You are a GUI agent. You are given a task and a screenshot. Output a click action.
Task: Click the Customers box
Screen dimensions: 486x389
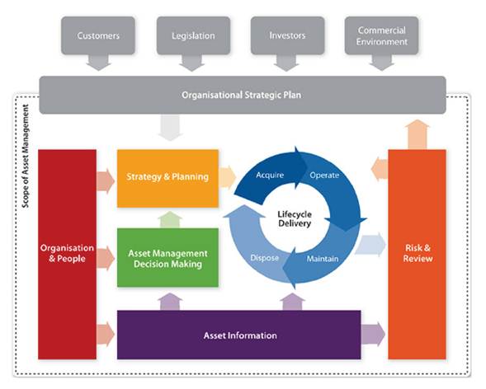pyautogui.click(x=98, y=35)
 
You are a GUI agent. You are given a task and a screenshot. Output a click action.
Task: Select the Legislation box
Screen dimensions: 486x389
pyautogui.click(x=193, y=35)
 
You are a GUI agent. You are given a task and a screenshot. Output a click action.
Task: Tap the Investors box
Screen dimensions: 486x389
pyautogui.click(x=287, y=35)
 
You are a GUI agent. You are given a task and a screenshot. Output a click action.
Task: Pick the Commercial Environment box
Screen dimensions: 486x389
pyautogui.click(x=381, y=35)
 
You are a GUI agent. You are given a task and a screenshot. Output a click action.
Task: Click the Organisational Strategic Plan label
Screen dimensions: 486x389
pyautogui.click(x=242, y=95)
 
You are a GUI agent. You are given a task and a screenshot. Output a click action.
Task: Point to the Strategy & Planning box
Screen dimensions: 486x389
pyautogui.click(x=168, y=178)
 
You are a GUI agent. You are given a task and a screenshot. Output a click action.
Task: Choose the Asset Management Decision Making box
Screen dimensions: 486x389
pyautogui.click(x=168, y=257)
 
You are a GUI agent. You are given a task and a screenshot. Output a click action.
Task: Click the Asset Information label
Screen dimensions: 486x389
pyautogui.click(x=240, y=335)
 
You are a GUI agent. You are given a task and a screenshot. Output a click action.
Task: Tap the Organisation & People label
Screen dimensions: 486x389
pyautogui.click(x=67, y=253)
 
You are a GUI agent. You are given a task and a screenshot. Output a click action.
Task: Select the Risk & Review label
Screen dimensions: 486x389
pyautogui.click(x=418, y=253)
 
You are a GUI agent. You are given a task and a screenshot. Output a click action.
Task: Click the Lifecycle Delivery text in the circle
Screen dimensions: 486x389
pyautogui.click(x=295, y=218)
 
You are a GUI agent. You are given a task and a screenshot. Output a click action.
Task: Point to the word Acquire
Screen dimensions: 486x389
pyautogui.click(x=270, y=175)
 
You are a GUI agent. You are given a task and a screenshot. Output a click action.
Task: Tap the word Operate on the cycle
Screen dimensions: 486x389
pyautogui.click(x=324, y=175)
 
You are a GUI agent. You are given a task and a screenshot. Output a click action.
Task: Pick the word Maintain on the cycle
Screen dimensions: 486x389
pyautogui.click(x=323, y=259)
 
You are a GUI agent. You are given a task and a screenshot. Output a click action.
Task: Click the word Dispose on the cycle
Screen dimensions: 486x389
pyautogui.click(x=264, y=258)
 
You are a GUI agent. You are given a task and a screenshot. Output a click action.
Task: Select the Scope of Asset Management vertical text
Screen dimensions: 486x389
pyautogui.click(x=26, y=156)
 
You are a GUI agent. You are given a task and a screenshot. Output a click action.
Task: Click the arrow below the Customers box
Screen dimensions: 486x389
pyautogui.click(x=98, y=63)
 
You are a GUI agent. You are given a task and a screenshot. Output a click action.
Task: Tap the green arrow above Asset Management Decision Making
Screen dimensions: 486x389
pyautogui.click(x=170, y=219)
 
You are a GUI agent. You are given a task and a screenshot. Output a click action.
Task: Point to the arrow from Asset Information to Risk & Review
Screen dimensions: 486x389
pyautogui.click(x=373, y=335)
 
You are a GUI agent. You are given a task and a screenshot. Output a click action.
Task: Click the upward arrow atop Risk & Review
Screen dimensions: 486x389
pyautogui.click(x=418, y=134)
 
